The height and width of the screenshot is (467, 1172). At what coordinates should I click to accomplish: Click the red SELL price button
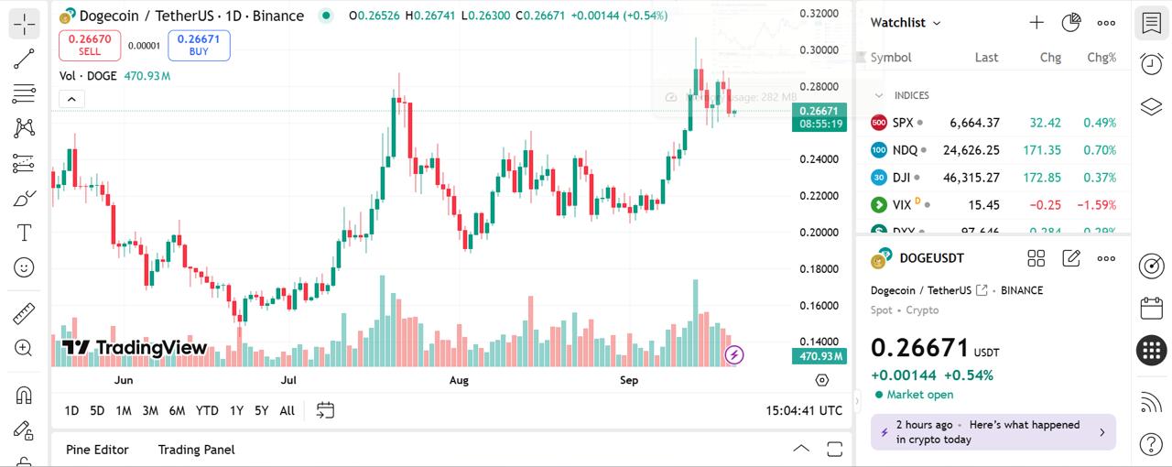(x=90, y=45)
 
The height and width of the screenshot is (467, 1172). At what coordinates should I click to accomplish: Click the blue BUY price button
(x=199, y=45)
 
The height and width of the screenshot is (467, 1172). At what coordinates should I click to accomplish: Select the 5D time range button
(x=97, y=410)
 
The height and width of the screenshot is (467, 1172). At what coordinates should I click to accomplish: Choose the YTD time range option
(x=207, y=410)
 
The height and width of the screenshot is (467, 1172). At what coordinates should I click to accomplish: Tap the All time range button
(x=287, y=410)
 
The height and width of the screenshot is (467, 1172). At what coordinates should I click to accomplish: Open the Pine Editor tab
(x=97, y=450)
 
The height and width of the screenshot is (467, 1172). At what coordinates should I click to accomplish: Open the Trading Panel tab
(x=196, y=450)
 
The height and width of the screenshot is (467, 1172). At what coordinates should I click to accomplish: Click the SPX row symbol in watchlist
(x=902, y=123)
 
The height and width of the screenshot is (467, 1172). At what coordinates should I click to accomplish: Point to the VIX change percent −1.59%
(x=1099, y=205)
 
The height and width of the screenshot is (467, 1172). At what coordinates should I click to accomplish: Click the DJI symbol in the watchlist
(x=901, y=178)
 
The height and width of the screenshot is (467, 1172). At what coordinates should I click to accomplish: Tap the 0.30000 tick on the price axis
(x=819, y=50)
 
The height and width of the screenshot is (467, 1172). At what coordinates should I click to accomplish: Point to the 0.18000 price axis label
(x=819, y=269)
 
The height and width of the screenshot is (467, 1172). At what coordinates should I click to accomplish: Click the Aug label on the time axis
(x=459, y=380)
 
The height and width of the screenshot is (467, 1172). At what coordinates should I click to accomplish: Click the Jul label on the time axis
(x=288, y=380)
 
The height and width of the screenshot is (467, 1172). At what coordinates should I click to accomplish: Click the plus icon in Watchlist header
(x=1036, y=23)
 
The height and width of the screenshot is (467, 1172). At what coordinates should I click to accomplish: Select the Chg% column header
(x=1101, y=58)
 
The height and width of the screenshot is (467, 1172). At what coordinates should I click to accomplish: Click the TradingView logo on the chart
(x=135, y=348)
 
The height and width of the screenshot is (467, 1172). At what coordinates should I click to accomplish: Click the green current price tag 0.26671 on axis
(x=819, y=111)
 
